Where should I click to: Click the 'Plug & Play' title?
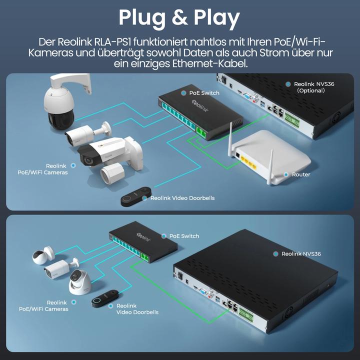tap(179, 17)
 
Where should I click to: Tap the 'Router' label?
tap(300, 174)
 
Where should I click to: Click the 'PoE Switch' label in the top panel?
tap(204, 93)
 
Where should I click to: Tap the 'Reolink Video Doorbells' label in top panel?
tap(182, 198)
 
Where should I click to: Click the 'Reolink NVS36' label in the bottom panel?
tap(300, 254)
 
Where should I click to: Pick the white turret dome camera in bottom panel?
tap(79, 282)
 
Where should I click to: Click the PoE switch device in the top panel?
tap(200, 114)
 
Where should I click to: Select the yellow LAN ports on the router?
tap(248, 161)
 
